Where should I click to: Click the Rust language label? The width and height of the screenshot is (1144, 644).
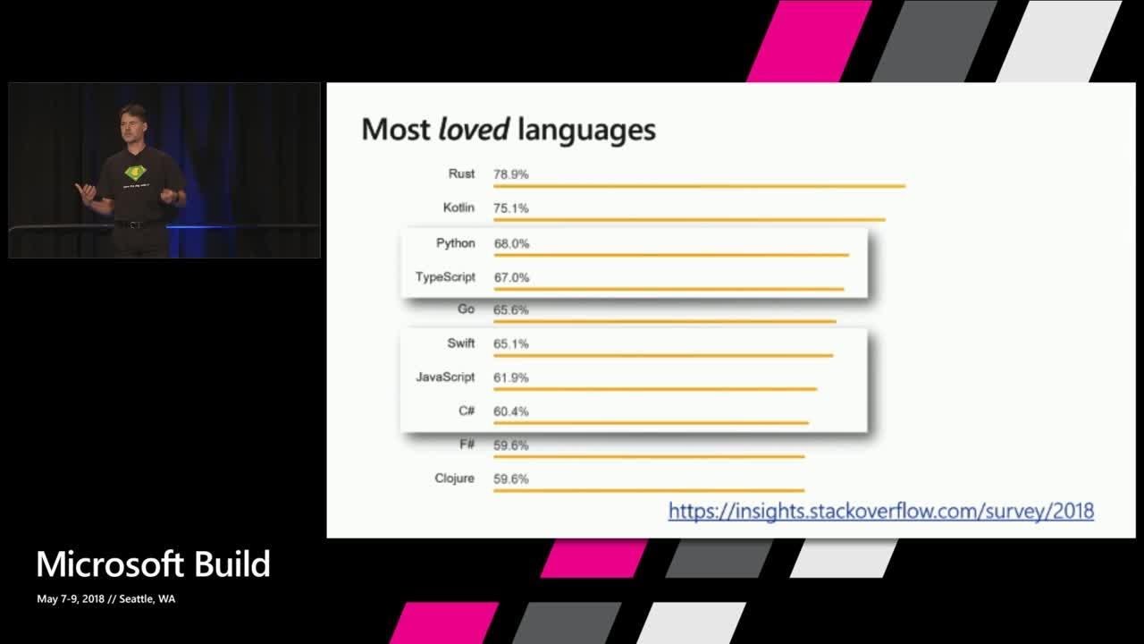[461, 174]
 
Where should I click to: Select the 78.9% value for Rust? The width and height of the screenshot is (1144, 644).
[510, 174]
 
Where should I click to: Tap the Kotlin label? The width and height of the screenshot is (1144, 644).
[458, 208]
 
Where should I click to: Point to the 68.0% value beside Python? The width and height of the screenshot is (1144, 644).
[511, 244]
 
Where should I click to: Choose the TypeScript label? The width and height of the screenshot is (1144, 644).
[445, 277]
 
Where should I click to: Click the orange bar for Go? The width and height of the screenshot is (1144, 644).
[664, 321]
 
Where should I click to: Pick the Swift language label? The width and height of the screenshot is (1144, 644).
[460, 343]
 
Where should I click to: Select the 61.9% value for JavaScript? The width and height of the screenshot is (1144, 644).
[510, 377]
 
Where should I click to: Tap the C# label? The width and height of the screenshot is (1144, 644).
[467, 411]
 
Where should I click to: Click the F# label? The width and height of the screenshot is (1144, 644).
[467, 445]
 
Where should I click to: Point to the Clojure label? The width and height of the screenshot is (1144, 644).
[454, 479]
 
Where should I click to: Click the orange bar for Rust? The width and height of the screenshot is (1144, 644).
[699, 186]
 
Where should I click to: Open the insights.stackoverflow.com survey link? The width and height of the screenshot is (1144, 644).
[881, 511]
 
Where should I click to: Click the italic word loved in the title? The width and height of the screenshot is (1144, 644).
[474, 129]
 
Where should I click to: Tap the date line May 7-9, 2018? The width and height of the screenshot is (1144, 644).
[71, 598]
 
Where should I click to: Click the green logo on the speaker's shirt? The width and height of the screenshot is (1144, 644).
[135, 173]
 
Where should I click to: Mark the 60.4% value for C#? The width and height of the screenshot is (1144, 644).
[510, 411]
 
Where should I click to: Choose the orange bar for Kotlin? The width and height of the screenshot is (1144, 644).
[689, 220]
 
